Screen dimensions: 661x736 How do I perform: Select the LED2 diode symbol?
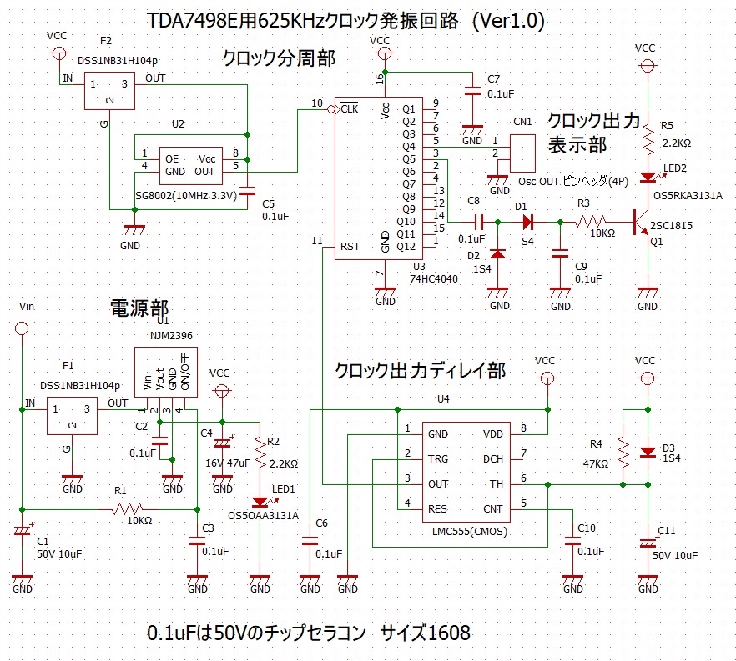[x=647, y=177]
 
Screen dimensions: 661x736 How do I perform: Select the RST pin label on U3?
[x=350, y=247]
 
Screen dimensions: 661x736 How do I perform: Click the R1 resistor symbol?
[x=133, y=508]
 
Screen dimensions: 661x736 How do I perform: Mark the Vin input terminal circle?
[x=23, y=329]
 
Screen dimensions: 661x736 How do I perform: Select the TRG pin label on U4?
[x=438, y=459]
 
